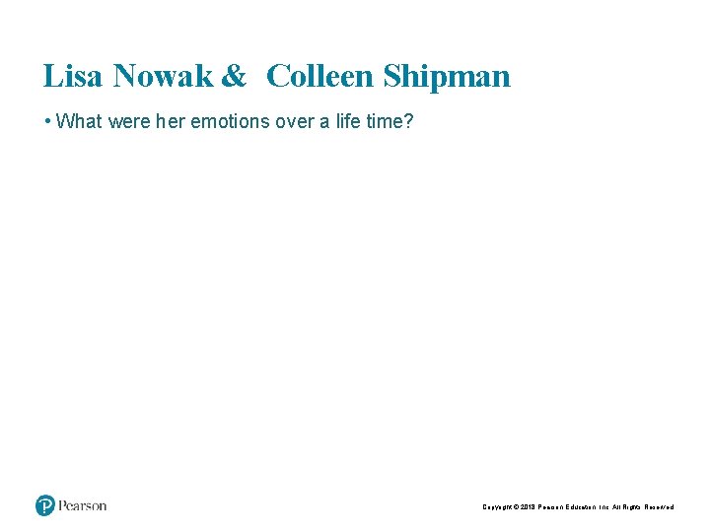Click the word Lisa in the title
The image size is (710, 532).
pos(74,76)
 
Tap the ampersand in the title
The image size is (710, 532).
pos(234,76)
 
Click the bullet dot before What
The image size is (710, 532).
pos(47,122)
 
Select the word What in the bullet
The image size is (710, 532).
pos(78,122)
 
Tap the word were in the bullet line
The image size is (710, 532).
pos(127,122)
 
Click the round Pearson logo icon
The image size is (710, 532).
pos(45,505)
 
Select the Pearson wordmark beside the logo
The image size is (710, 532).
pos(82,505)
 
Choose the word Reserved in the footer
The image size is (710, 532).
pos(659,507)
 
